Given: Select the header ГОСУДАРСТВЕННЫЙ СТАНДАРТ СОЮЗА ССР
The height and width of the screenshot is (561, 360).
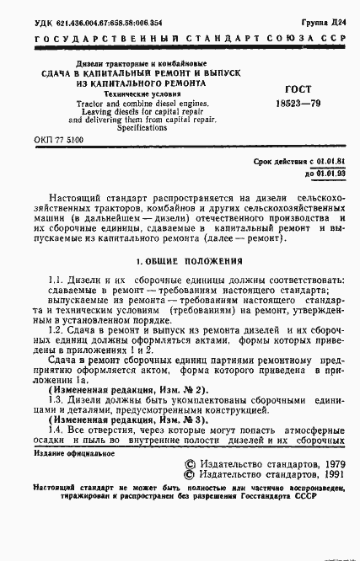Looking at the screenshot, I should (x=180, y=38).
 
